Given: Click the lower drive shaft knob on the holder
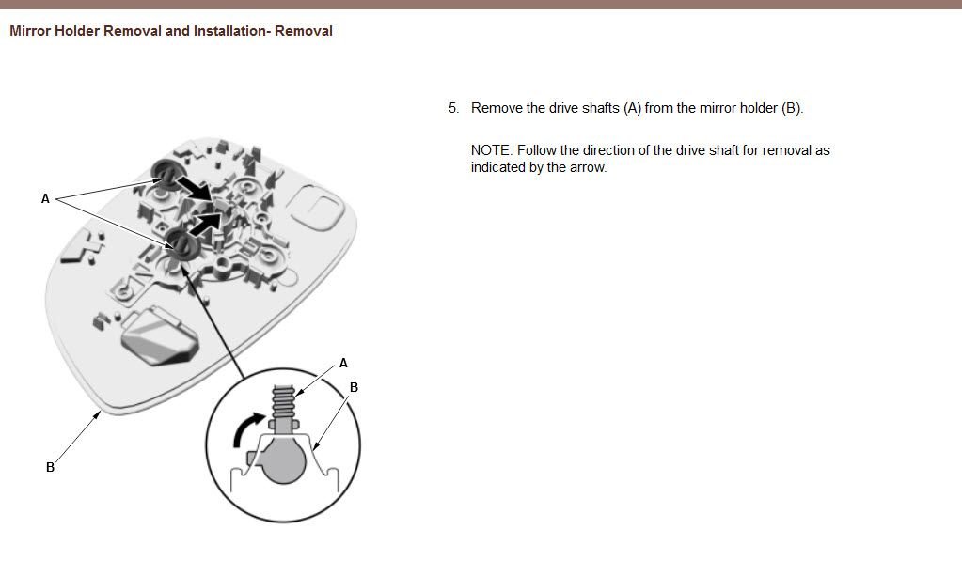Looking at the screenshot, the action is [x=182, y=243].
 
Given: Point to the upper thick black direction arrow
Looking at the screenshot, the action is [x=194, y=188].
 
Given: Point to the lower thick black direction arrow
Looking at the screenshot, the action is [x=206, y=225].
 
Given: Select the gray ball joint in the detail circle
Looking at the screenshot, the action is [x=283, y=459].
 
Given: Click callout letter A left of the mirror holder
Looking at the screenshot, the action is [x=45, y=198].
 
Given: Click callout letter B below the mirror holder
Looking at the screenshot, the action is [x=50, y=467].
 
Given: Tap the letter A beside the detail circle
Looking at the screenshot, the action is [x=343, y=363].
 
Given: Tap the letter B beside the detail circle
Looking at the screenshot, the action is [x=354, y=387].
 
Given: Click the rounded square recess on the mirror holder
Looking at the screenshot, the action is [x=315, y=206].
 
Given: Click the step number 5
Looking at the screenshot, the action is [x=453, y=108].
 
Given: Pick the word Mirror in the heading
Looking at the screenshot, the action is [x=30, y=31].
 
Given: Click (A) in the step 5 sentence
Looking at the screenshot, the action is [x=632, y=108].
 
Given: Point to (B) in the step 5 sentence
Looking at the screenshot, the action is [x=792, y=108].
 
